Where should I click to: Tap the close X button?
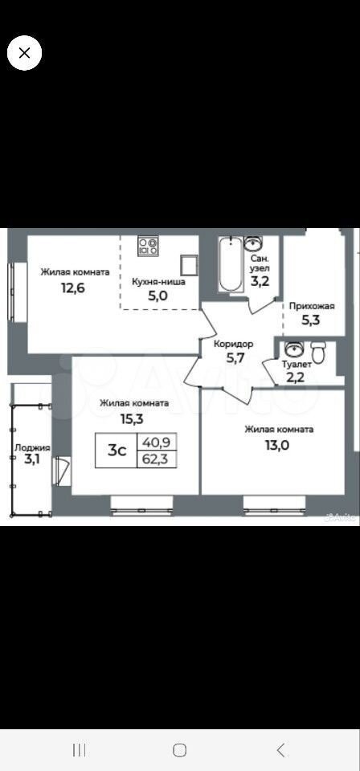[24, 53]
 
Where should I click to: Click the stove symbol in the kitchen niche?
[148, 246]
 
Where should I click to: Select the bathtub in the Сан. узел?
[231, 264]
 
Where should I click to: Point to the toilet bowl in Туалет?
[319, 353]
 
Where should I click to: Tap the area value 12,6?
[73, 288]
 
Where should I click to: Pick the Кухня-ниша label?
[158, 282]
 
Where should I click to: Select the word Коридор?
[233, 345]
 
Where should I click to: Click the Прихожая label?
[312, 306]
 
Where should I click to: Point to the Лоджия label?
[32, 448]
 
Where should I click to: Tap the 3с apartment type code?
[117, 450]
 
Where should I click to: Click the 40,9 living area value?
[156, 442]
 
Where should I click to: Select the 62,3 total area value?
[156, 459]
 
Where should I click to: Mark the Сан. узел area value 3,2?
[260, 281]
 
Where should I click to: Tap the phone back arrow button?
[280, 750]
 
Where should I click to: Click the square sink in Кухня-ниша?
[190, 265]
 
